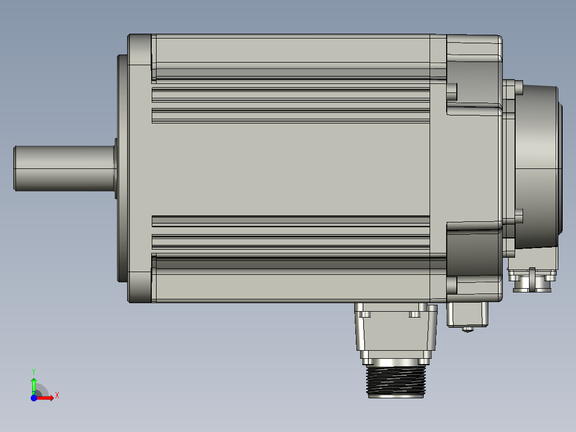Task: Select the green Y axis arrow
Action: tap(34, 384)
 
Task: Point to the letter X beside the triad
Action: tap(57, 396)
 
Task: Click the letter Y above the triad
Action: tap(33, 371)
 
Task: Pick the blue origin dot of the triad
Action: tap(34, 398)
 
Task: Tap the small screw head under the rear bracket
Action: tap(468, 329)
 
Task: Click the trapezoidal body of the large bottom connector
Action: tap(395, 331)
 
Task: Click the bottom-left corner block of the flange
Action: tap(139, 287)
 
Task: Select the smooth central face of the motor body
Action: tap(289, 168)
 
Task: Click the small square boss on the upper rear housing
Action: tap(452, 92)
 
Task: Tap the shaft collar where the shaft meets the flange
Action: tap(115, 168)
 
